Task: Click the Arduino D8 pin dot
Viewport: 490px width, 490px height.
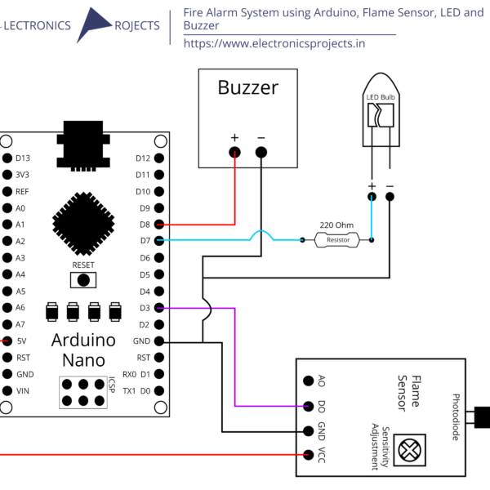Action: point(159,224)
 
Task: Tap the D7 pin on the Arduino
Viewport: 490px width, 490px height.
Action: point(159,240)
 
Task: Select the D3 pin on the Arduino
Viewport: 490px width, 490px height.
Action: point(159,308)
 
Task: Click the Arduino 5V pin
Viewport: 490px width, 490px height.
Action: point(7,341)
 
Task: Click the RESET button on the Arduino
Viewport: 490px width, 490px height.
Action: point(83,279)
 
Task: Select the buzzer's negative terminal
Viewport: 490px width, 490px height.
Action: point(261,152)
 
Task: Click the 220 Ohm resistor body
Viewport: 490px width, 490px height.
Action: point(337,240)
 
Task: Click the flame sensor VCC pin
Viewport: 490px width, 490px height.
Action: point(309,455)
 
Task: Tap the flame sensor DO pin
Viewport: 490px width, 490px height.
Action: point(309,406)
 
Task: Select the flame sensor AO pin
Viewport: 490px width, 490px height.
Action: point(309,381)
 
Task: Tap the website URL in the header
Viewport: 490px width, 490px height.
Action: point(274,43)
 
